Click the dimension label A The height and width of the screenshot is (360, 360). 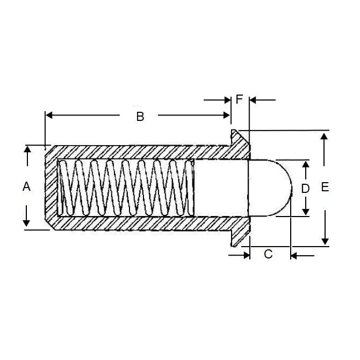[25, 187]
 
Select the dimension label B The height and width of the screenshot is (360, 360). [140, 117]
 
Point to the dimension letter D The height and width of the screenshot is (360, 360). [305, 188]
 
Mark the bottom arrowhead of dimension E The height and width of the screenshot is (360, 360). [324, 241]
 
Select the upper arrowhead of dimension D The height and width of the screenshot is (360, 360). [305, 164]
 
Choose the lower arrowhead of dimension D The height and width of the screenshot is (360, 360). [305, 211]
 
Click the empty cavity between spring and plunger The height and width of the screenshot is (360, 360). [220, 188]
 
